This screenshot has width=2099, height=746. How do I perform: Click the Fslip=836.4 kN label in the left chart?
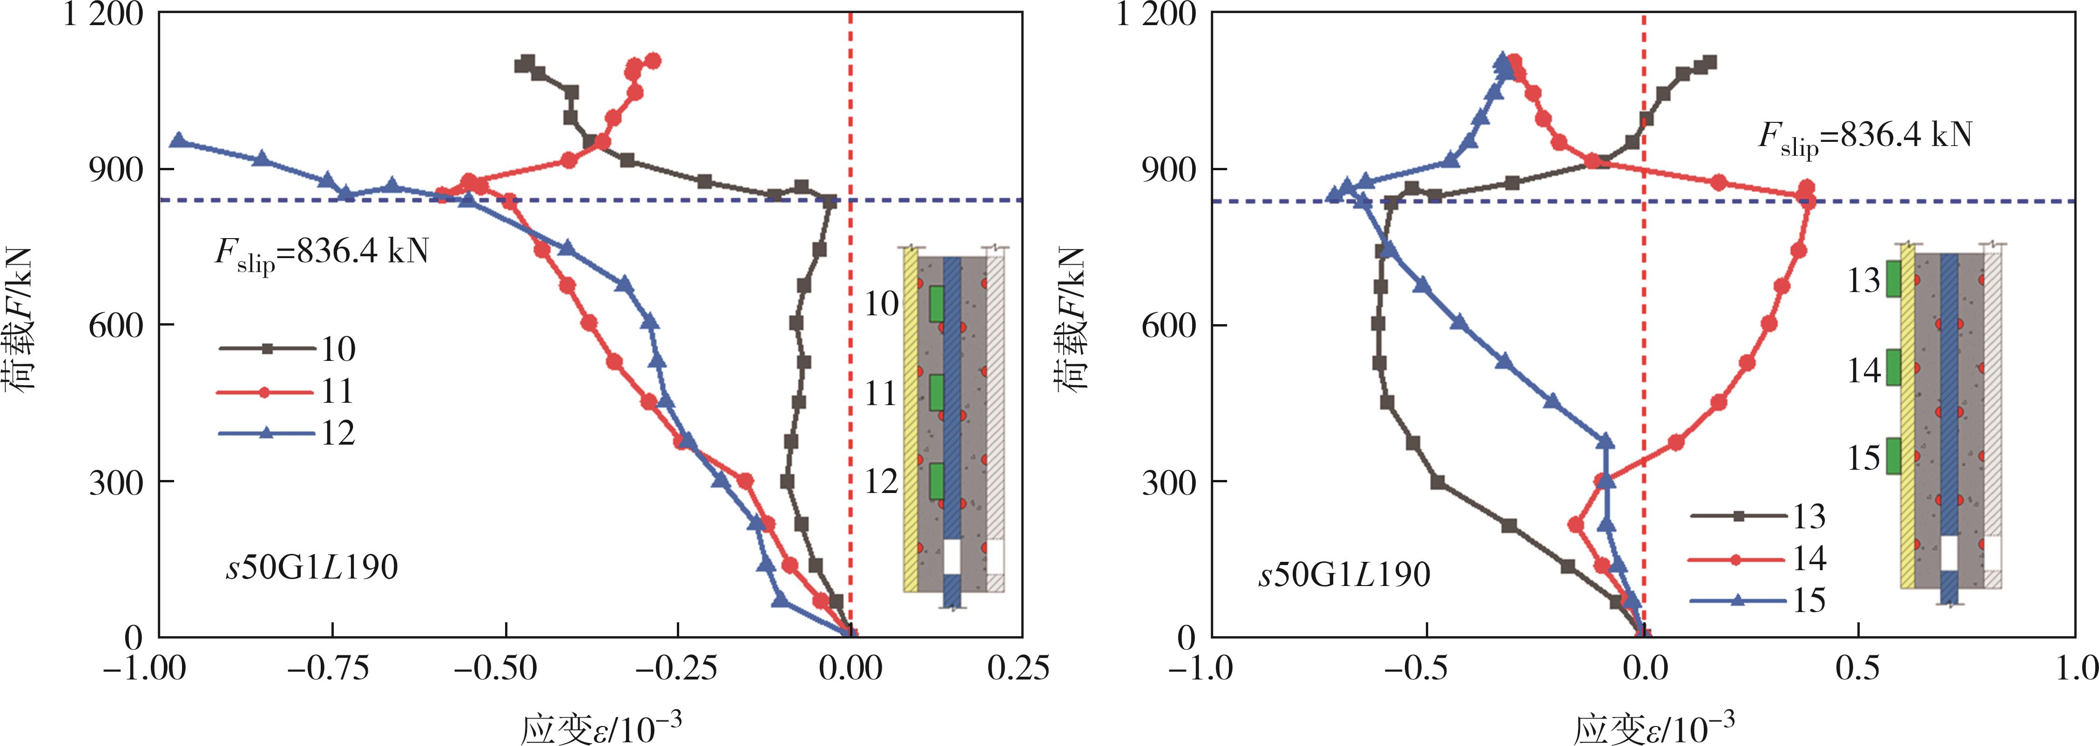click(x=321, y=253)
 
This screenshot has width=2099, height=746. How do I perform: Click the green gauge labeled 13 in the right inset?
click(x=1894, y=280)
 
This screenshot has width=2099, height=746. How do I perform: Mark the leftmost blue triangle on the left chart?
click(x=178, y=140)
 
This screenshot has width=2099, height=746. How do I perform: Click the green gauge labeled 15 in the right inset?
click(x=1894, y=456)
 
